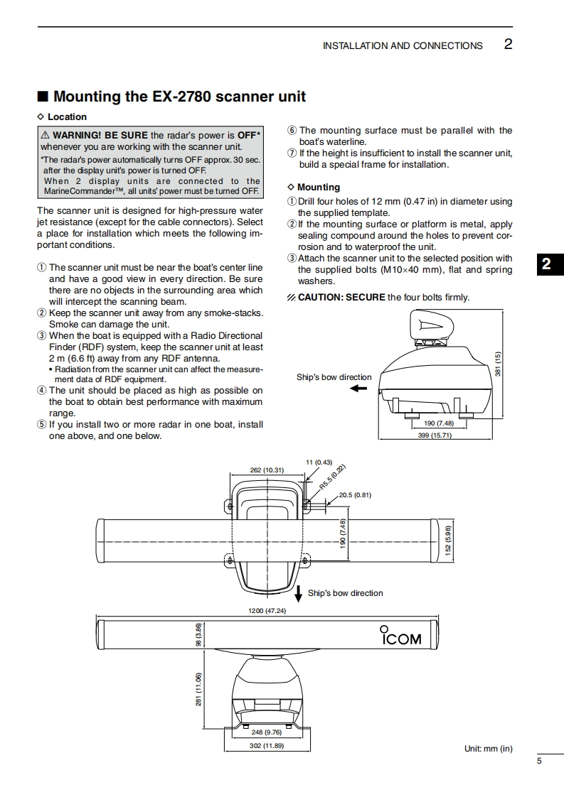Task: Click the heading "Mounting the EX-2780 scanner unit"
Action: coord(179,96)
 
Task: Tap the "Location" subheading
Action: coord(67,117)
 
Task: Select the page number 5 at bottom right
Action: coord(539,761)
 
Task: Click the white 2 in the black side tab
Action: coord(546,265)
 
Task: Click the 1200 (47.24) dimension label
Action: coord(267,610)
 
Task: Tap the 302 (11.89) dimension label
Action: coord(267,745)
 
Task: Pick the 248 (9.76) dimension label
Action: coord(267,732)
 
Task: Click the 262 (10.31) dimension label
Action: coord(267,470)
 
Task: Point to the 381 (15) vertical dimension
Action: coord(499,364)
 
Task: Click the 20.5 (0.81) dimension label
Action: coord(356,494)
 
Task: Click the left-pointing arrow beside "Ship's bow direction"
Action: coord(358,389)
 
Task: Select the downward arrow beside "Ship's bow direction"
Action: coord(299,593)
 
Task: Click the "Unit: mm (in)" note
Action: coord(488,749)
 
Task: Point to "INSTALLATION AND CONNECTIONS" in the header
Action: coord(403,45)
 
